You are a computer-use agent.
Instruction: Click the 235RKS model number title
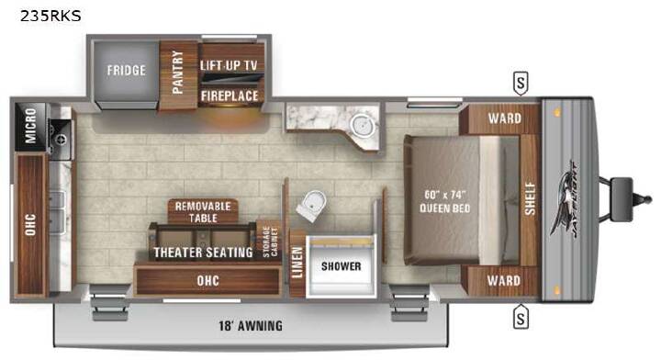click(x=50, y=16)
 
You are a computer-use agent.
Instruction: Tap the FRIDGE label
click(x=127, y=70)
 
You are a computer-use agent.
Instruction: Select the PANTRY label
click(x=178, y=72)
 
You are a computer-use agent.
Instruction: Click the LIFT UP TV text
click(x=229, y=65)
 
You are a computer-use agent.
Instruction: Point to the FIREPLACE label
click(x=230, y=96)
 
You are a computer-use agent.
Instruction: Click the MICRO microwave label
click(x=31, y=126)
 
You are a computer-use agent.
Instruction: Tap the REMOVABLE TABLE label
click(x=203, y=212)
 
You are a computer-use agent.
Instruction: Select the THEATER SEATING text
click(x=203, y=252)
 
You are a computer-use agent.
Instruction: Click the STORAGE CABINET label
click(x=270, y=242)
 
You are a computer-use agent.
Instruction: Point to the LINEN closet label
click(x=297, y=263)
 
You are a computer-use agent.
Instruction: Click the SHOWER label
click(x=341, y=266)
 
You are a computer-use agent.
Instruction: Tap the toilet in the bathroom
click(x=311, y=206)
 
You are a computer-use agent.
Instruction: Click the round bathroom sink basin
click(x=362, y=125)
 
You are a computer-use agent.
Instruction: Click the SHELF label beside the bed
click(x=530, y=198)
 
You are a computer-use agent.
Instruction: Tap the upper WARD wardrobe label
click(x=505, y=118)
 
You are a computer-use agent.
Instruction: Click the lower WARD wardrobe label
click(x=504, y=280)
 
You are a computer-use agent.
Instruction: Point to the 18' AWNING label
click(x=251, y=325)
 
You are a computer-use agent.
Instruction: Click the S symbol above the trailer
click(x=521, y=83)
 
